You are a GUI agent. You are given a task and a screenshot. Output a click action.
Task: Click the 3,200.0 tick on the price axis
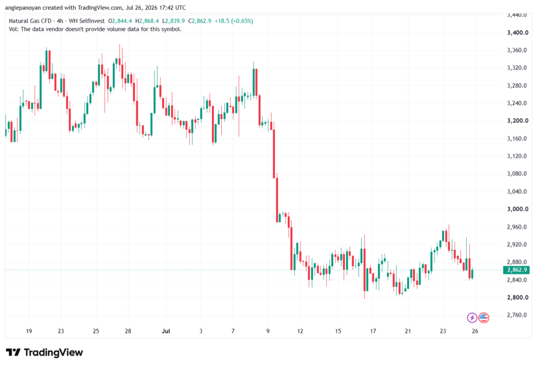518,121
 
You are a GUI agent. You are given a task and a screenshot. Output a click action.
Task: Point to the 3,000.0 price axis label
518,209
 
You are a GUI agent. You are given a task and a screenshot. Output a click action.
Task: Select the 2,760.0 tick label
517,315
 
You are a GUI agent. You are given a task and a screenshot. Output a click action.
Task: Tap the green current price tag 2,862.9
516,270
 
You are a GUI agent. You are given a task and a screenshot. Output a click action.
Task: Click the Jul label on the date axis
166,331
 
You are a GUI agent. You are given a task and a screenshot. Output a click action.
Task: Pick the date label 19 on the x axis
29,331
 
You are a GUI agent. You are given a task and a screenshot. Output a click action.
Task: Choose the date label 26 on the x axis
475,331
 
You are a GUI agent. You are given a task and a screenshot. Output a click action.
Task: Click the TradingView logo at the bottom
45,352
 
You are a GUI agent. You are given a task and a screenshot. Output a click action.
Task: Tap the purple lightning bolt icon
472,318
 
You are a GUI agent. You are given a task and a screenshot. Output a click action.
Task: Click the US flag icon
484,318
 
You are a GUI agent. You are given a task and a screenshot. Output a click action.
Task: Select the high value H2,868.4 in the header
147,21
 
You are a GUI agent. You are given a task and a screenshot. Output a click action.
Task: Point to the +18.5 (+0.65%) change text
234,21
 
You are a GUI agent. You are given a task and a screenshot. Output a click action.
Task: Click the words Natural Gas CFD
30,21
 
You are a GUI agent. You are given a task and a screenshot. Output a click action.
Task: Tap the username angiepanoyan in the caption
23,7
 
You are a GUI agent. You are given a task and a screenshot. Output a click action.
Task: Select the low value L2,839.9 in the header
174,21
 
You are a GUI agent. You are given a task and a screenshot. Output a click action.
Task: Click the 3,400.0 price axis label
518,33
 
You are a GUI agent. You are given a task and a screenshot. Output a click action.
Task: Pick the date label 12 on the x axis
300,331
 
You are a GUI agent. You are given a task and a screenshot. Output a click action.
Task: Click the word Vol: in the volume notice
14,29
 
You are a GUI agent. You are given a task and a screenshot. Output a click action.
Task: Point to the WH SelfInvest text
87,21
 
